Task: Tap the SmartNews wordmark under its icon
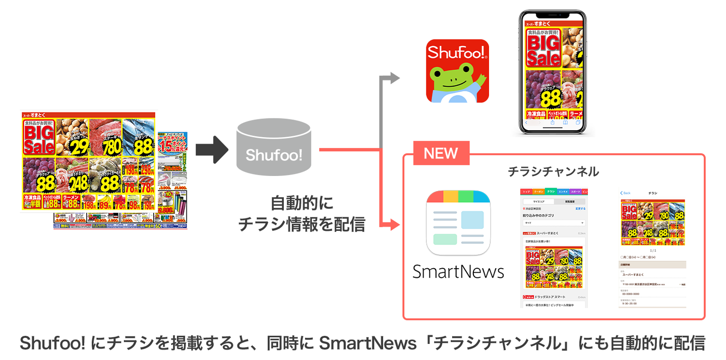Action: pos(458,272)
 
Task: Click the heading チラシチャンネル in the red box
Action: pos(553,171)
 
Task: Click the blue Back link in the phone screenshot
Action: pos(625,193)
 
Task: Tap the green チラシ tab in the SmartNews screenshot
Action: pos(551,192)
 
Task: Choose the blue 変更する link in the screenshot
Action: pos(580,208)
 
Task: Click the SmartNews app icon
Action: pos(458,222)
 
